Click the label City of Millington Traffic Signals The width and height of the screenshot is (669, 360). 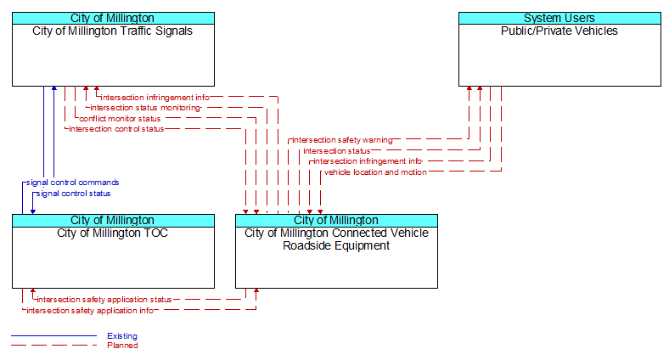click(x=112, y=31)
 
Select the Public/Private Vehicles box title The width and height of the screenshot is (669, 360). click(x=559, y=31)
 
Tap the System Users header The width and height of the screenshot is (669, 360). click(x=559, y=18)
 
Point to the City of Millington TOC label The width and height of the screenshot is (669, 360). click(x=112, y=233)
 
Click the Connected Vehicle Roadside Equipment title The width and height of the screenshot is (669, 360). click(x=336, y=239)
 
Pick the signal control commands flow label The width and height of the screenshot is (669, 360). click(x=72, y=183)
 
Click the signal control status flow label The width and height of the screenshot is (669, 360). click(x=73, y=194)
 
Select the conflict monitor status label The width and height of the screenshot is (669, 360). click(x=120, y=119)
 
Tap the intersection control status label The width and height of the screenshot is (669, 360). click(x=116, y=129)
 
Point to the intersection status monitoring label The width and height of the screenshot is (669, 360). click(x=145, y=108)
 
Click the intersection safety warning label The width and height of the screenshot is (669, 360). click(x=342, y=140)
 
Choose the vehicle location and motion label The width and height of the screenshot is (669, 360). click(x=375, y=172)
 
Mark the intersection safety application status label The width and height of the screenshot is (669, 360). click(x=104, y=300)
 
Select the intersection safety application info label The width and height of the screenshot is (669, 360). click(x=90, y=311)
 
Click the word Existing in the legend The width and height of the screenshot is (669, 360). click(x=122, y=336)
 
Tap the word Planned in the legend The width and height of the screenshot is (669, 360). click(x=122, y=346)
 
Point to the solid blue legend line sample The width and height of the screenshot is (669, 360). click(x=53, y=336)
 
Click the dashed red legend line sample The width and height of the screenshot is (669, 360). click(x=53, y=346)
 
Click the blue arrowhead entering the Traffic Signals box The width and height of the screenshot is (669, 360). click(x=53, y=88)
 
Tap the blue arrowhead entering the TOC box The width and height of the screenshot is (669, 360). click(x=33, y=211)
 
